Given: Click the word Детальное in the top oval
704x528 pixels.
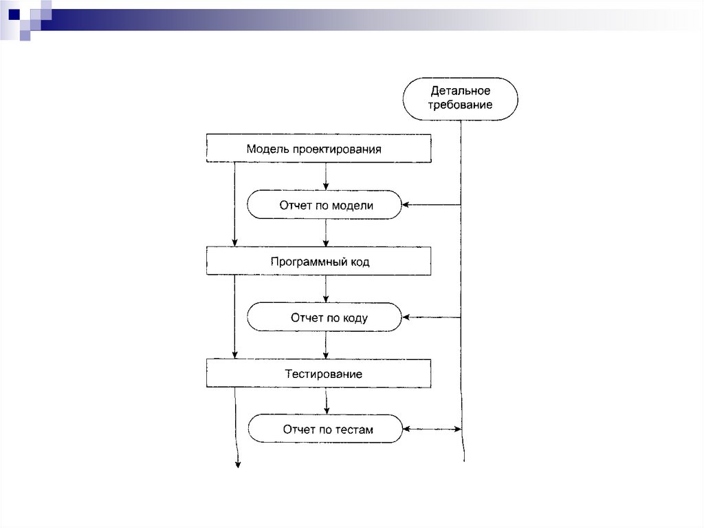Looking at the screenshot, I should pos(460,91).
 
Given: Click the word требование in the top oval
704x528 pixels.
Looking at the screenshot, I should pos(460,105).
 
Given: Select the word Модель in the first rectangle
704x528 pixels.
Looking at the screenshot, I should pos(267,149).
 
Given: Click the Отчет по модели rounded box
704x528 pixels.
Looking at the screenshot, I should pos(324,204).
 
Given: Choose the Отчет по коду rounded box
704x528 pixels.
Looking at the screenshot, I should pos(324,317).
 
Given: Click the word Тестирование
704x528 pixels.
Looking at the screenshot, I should pos(324,374).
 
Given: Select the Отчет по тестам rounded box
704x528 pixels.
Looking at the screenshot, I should pos(324,429).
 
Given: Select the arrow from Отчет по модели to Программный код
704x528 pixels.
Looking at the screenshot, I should pos(326,233).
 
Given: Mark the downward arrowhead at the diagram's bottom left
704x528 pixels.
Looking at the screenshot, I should pos(238,465).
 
